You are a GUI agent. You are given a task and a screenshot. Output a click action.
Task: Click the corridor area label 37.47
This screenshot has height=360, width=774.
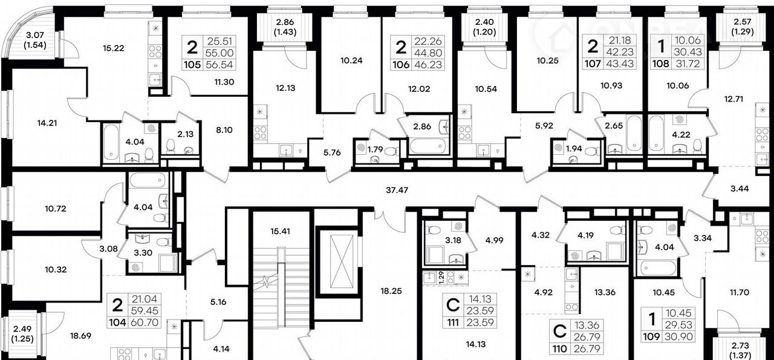click(397, 190)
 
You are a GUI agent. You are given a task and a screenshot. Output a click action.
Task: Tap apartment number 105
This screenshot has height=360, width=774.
click(192, 65)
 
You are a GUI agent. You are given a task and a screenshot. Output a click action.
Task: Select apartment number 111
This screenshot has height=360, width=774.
click(453, 322)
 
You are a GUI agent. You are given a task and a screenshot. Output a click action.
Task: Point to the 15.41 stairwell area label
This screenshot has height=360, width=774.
click(280, 231)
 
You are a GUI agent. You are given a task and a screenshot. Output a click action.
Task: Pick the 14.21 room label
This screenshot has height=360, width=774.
click(47, 123)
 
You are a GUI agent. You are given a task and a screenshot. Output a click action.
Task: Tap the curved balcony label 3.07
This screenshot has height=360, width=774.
click(35, 35)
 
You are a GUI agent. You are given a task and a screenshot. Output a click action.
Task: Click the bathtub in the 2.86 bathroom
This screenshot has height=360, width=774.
click(429, 146)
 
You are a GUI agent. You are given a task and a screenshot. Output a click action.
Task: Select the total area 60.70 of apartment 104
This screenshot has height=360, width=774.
click(145, 322)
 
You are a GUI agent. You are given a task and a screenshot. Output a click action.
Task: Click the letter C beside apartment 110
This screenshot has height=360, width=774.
click(559, 332)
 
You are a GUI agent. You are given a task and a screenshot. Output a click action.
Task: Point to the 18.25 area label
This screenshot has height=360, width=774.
click(391, 291)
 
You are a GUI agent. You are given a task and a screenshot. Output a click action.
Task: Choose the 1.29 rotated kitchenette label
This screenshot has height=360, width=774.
click(441, 278)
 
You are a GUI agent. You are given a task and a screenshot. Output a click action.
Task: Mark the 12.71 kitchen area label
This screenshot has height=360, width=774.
click(733, 99)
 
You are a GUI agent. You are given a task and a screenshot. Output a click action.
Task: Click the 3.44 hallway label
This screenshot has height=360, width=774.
click(740, 189)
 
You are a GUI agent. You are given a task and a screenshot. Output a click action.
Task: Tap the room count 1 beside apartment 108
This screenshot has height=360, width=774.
click(661, 46)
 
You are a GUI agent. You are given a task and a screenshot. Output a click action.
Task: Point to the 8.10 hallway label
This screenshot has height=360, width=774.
click(224, 130)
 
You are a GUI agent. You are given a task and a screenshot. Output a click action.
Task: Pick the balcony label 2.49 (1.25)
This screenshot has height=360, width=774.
click(22, 334)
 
